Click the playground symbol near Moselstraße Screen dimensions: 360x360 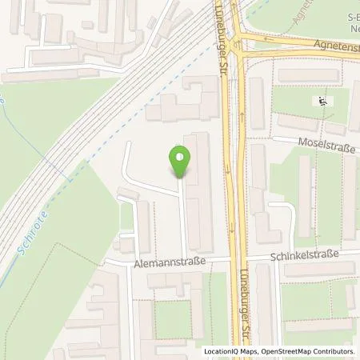click(322, 102)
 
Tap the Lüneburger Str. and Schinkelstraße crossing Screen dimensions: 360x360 click(237, 260)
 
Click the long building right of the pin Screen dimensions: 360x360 click(199, 192)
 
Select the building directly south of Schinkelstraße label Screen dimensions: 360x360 click(317, 270)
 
